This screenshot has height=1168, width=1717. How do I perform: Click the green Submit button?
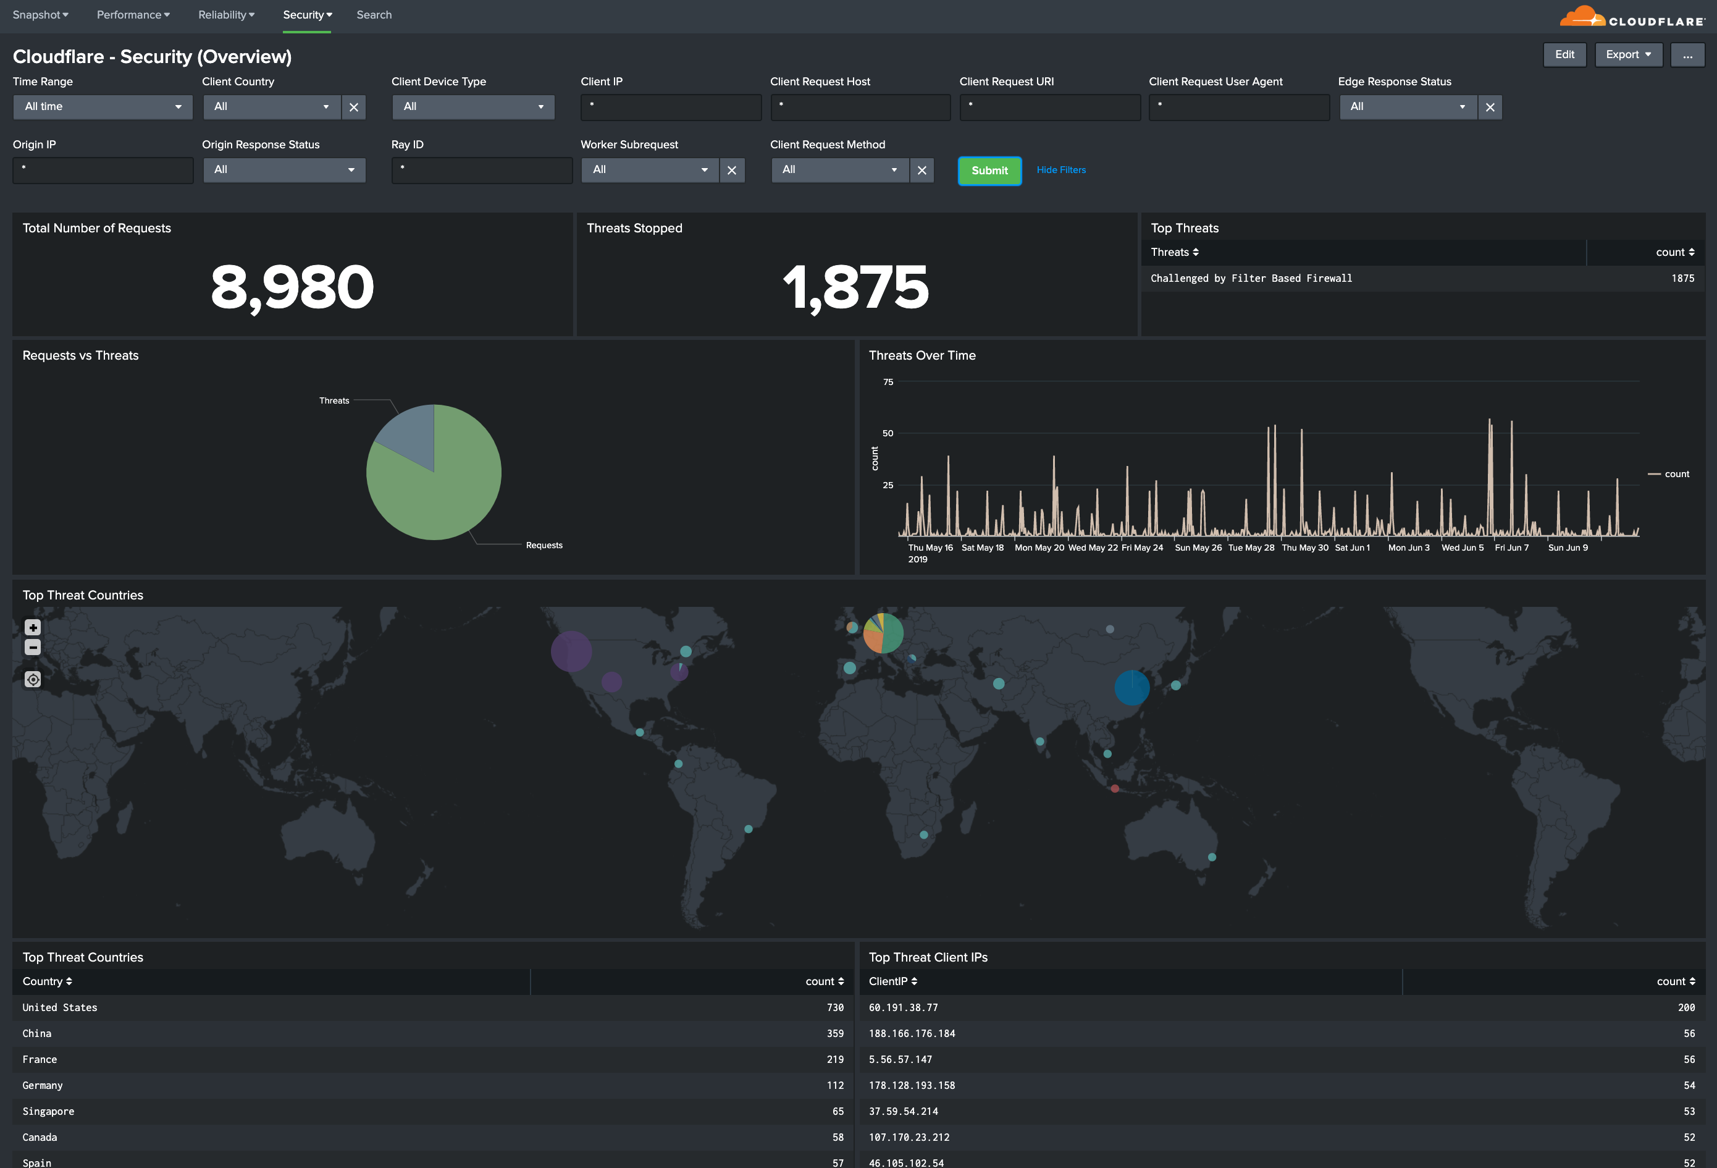click(989, 171)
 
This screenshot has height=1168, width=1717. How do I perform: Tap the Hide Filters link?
click(1061, 170)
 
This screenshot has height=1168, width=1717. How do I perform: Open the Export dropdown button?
click(1627, 55)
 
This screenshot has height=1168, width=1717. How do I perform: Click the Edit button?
click(1564, 55)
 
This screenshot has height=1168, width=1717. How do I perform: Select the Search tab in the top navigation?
click(374, 15)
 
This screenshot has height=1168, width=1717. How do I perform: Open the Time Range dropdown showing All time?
click(103, 107)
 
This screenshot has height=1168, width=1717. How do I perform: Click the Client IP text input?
click(671, 107)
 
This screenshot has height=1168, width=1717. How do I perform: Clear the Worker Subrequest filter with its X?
click(731, 171)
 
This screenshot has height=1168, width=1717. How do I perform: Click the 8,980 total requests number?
click(293, 287)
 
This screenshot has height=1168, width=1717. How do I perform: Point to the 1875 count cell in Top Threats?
click(1682, 279)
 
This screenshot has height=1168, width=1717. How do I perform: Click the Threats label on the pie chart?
click(334, 400)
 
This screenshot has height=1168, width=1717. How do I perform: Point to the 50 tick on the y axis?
click(888, 433)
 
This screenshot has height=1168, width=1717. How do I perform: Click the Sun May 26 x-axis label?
click(1198, 548)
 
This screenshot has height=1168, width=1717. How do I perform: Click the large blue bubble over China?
click(1131, 687)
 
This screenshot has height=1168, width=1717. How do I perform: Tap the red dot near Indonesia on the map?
click(1115, 789)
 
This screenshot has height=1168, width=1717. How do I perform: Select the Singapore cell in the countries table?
click(49, 1111)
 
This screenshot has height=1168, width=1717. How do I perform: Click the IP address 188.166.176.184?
click(912, 1033)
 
